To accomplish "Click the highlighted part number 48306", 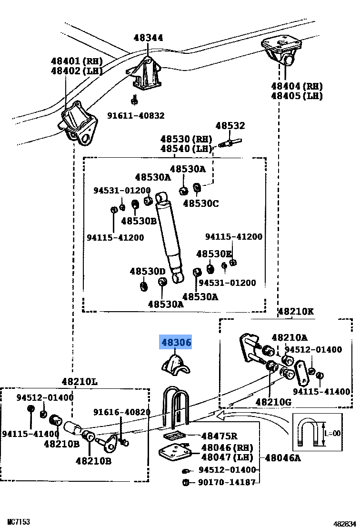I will click(176, 342).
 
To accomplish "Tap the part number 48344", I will click(148, 38).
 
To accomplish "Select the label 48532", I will click(230, 126).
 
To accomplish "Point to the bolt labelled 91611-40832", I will click(135, 101).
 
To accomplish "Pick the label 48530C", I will click(201, 203).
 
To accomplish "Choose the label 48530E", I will click(214, 254).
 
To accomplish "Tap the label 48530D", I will click(147, 271).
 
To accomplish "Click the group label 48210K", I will click(295, 312).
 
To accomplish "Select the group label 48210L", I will click(79, 382).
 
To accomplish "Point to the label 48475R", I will click(219, 436).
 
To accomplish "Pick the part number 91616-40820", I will click(121, 412).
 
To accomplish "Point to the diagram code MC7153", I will click(19, 522).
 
